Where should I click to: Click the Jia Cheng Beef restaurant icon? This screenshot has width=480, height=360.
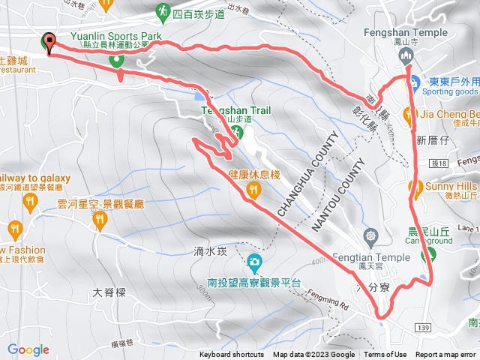(x=408, y=114)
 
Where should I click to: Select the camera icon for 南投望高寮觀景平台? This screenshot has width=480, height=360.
(x=255, y=262)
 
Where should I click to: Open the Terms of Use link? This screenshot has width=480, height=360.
(x=385, y=355)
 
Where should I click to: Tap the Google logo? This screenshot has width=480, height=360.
(x=28, y=349)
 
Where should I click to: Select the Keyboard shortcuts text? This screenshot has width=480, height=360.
(x=232, y=355)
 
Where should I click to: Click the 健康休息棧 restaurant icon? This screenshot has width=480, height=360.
(x=253, y=191)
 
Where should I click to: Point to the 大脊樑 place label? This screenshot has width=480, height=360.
(x=107, y=292)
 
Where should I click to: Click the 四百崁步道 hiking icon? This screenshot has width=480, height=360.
(x=163, y=11)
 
